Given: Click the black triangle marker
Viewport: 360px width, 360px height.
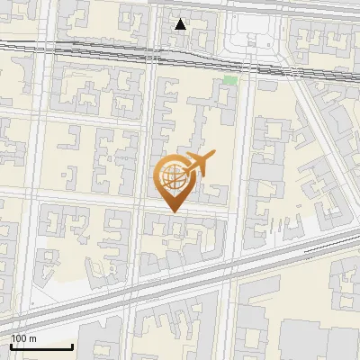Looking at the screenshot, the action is (x=181, y=24).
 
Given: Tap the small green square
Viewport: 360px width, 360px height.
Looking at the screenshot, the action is (x=230, y=81).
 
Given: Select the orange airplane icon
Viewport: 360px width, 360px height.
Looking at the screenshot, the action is (x=198, y=165).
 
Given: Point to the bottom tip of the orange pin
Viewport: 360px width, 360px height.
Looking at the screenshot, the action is (x=171, y=212).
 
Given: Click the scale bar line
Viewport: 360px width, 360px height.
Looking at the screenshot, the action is (x=41, y=346).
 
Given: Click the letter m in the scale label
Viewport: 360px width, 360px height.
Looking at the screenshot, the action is (x=33, y=338).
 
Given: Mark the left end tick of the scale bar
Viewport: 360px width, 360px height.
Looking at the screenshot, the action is (x=11, y=345).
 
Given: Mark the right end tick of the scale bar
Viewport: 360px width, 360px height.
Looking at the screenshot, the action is (x=72, y=345).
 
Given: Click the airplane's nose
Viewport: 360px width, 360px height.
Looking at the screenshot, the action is (x=211, y=159).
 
